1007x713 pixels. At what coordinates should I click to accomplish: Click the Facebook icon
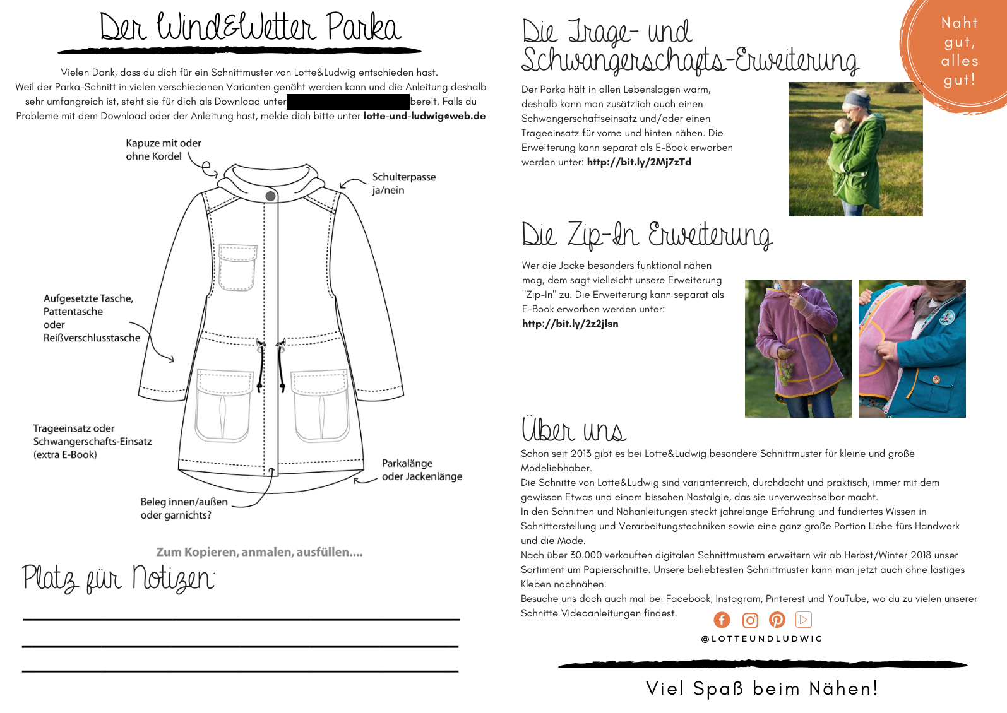(x=722, y=620)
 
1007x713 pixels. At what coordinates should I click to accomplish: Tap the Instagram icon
(x=750, y=620)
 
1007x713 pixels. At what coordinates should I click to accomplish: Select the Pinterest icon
(x=777, y=620)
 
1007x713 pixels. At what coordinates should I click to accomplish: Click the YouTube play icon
(x=804, y=620)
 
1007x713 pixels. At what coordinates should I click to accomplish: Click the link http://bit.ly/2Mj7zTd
(x=639, y=162)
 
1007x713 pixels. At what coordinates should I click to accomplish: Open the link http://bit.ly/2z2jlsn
(x=570, y=324)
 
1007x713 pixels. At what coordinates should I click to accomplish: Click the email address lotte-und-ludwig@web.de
(x=424, y=116)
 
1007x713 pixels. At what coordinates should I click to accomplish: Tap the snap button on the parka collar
(x=270, y=196)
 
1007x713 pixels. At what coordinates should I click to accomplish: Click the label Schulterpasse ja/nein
(x=403, y=184)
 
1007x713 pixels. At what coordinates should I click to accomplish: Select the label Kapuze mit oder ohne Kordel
(x=163, y=150)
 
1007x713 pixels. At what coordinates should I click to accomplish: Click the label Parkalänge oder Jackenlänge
(x=422, y=470)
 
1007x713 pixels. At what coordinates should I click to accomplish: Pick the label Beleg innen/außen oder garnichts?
(x=184, y=509)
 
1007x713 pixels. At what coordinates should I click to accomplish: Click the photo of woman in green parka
(x=855, y=150)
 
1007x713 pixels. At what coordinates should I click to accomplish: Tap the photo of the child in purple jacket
(x=798, y=348)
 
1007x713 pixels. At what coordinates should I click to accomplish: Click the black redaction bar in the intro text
(x=348, y=102)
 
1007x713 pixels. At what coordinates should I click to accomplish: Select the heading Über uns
(x=573, y=430)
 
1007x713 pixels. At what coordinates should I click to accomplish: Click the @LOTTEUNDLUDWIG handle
(x=762, y=639)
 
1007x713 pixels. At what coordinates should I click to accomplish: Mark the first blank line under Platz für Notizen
(x=241, y=620)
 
